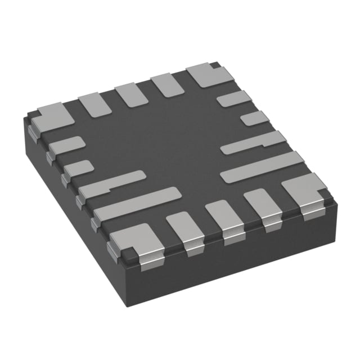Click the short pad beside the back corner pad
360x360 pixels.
coord(233,99)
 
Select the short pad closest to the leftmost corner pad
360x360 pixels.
coord(66,146)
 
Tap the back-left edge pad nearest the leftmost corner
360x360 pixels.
coord(96,105)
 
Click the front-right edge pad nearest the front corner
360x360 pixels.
coord(184,229)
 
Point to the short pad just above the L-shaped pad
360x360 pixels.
coord(78,168)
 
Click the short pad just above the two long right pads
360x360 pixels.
coord(255,119)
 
